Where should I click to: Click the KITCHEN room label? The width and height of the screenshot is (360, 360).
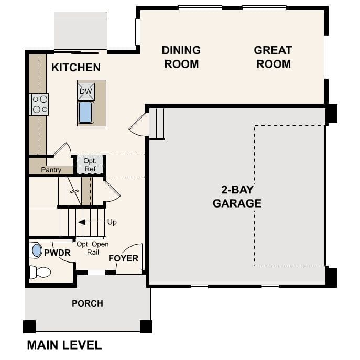click(75, 68)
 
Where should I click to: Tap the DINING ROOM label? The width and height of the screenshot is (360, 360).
click(181, 57)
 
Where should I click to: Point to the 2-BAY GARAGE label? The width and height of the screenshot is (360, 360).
click(237, 197)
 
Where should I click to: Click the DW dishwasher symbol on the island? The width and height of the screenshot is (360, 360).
click(86, 91)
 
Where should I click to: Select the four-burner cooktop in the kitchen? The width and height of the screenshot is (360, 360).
click(40, 104)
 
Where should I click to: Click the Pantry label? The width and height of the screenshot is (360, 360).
click(51, 170)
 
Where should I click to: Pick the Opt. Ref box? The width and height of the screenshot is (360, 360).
click(90, 165)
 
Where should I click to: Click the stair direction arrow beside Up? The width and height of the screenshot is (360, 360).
click(82, 222)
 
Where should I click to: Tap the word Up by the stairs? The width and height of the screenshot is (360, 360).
click(112, 222)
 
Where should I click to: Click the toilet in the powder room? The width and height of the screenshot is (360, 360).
click(40, 271)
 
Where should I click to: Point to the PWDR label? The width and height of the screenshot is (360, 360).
click(57, 253)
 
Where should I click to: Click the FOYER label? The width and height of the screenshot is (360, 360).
click(123, 258)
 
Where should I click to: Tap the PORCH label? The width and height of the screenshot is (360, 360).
click(88, 303)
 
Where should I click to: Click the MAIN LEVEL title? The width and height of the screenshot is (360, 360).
click(64, 345)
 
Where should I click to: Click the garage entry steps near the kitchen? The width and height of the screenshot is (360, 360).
click(157, 124)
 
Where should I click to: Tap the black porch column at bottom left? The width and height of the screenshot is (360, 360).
click(29, 326)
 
